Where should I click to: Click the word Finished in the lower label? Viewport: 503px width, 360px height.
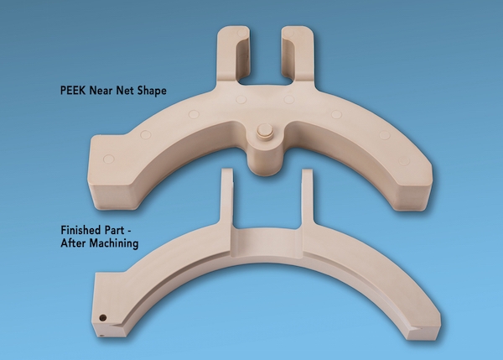coord(80,230)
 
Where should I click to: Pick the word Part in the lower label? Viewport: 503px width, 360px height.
coord(113,230)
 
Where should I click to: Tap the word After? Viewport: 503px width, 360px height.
coord(73,243)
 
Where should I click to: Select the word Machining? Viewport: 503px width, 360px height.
coord(113,243)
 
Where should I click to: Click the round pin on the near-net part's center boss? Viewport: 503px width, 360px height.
coord(265,132)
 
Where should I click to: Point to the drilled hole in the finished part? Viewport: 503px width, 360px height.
coord(102,318)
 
